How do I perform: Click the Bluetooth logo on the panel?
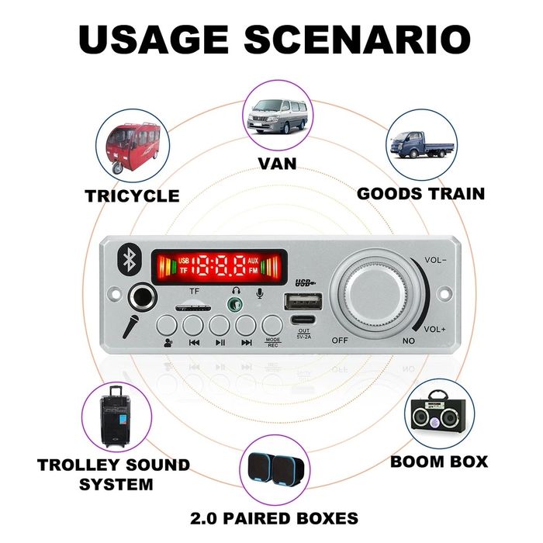pos(128,261)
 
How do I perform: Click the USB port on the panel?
pos(304,300)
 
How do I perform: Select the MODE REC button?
pos(272,323)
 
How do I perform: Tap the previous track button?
pos(195,323)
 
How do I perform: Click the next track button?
pos(247,323)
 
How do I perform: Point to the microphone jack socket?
pos(142,295)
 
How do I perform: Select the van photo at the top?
pos(278,117)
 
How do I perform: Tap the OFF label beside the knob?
pos(339,340)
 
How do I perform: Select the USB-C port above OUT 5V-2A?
pos(303,320)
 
